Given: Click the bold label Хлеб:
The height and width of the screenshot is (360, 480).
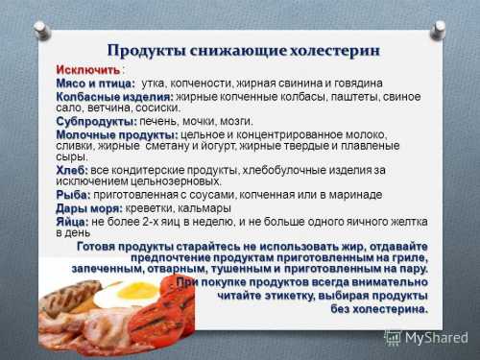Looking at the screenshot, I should tap(72, 169).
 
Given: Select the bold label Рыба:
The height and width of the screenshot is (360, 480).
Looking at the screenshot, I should tap(73, 194).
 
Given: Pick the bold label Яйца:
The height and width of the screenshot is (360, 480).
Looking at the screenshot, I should tap(73, 221).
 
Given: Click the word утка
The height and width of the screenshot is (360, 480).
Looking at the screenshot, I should tap(155, 84).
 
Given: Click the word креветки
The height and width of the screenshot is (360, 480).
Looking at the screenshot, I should tap(154, 207).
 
